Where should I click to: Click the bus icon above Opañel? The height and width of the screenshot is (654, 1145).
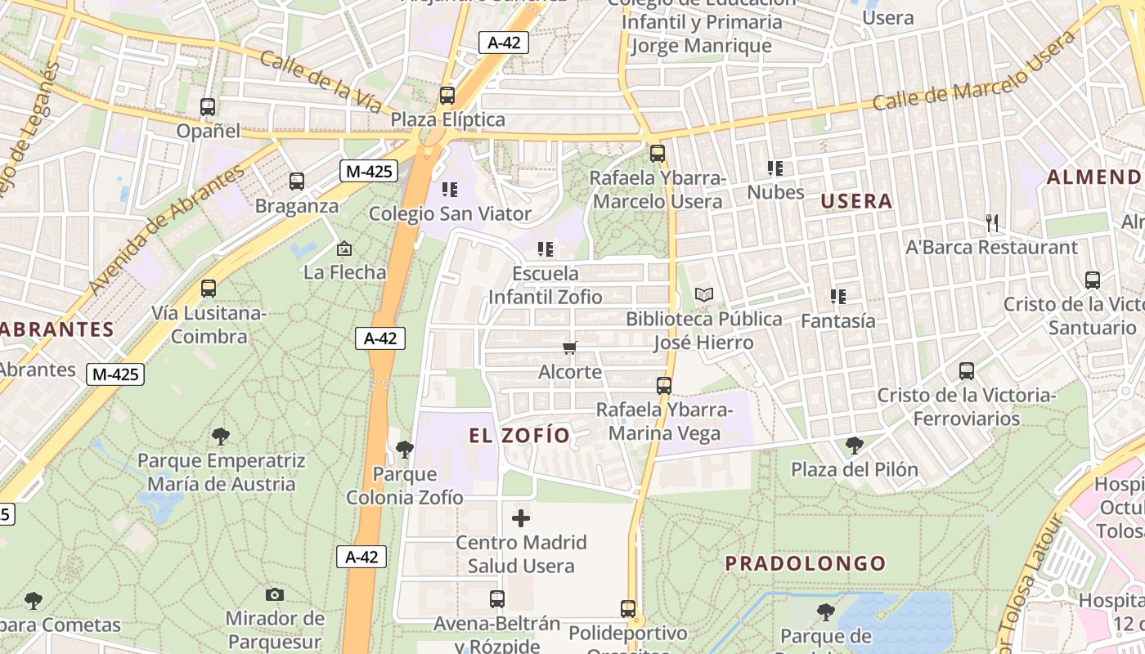click(x=208, y=106)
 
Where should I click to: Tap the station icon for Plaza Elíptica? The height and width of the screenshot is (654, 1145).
click(x=447, y=95)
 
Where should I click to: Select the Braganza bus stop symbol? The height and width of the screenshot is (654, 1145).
click(x=297, y=181)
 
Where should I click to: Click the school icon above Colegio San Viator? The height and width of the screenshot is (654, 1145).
click(x=449, y=190)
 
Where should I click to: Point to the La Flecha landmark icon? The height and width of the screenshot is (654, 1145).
click(x=344, y=248)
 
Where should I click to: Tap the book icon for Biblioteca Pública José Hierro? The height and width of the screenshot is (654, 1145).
click(x=703, y=294)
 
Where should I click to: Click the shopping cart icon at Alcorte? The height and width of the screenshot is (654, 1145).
click(x=570, y=348)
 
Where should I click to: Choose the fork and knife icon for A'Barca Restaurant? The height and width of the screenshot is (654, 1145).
click(x=991, y=222)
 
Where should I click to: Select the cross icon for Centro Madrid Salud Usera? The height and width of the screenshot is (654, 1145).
click(x=521, y=518)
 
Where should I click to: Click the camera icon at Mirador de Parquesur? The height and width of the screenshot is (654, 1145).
click(x=275, y=594)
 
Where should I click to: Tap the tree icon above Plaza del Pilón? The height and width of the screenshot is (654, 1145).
click(x=855, y=446)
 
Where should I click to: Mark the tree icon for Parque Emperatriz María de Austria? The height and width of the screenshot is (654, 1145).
click(x=220, y=436)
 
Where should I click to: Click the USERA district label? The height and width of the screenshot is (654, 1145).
click(x=856, y=201)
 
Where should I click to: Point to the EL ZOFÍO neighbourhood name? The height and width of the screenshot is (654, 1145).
click(x=519, y=436)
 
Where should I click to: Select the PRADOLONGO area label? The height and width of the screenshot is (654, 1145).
click(x=806, y=563)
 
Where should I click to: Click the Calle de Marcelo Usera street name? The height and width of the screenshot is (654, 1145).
click(x=973, y=71)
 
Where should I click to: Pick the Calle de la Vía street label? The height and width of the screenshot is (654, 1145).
click(x=321, y=82)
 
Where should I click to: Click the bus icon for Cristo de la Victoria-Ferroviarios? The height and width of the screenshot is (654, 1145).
click(x=967, y=371)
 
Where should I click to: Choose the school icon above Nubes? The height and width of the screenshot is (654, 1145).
click(x=775, y=168)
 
